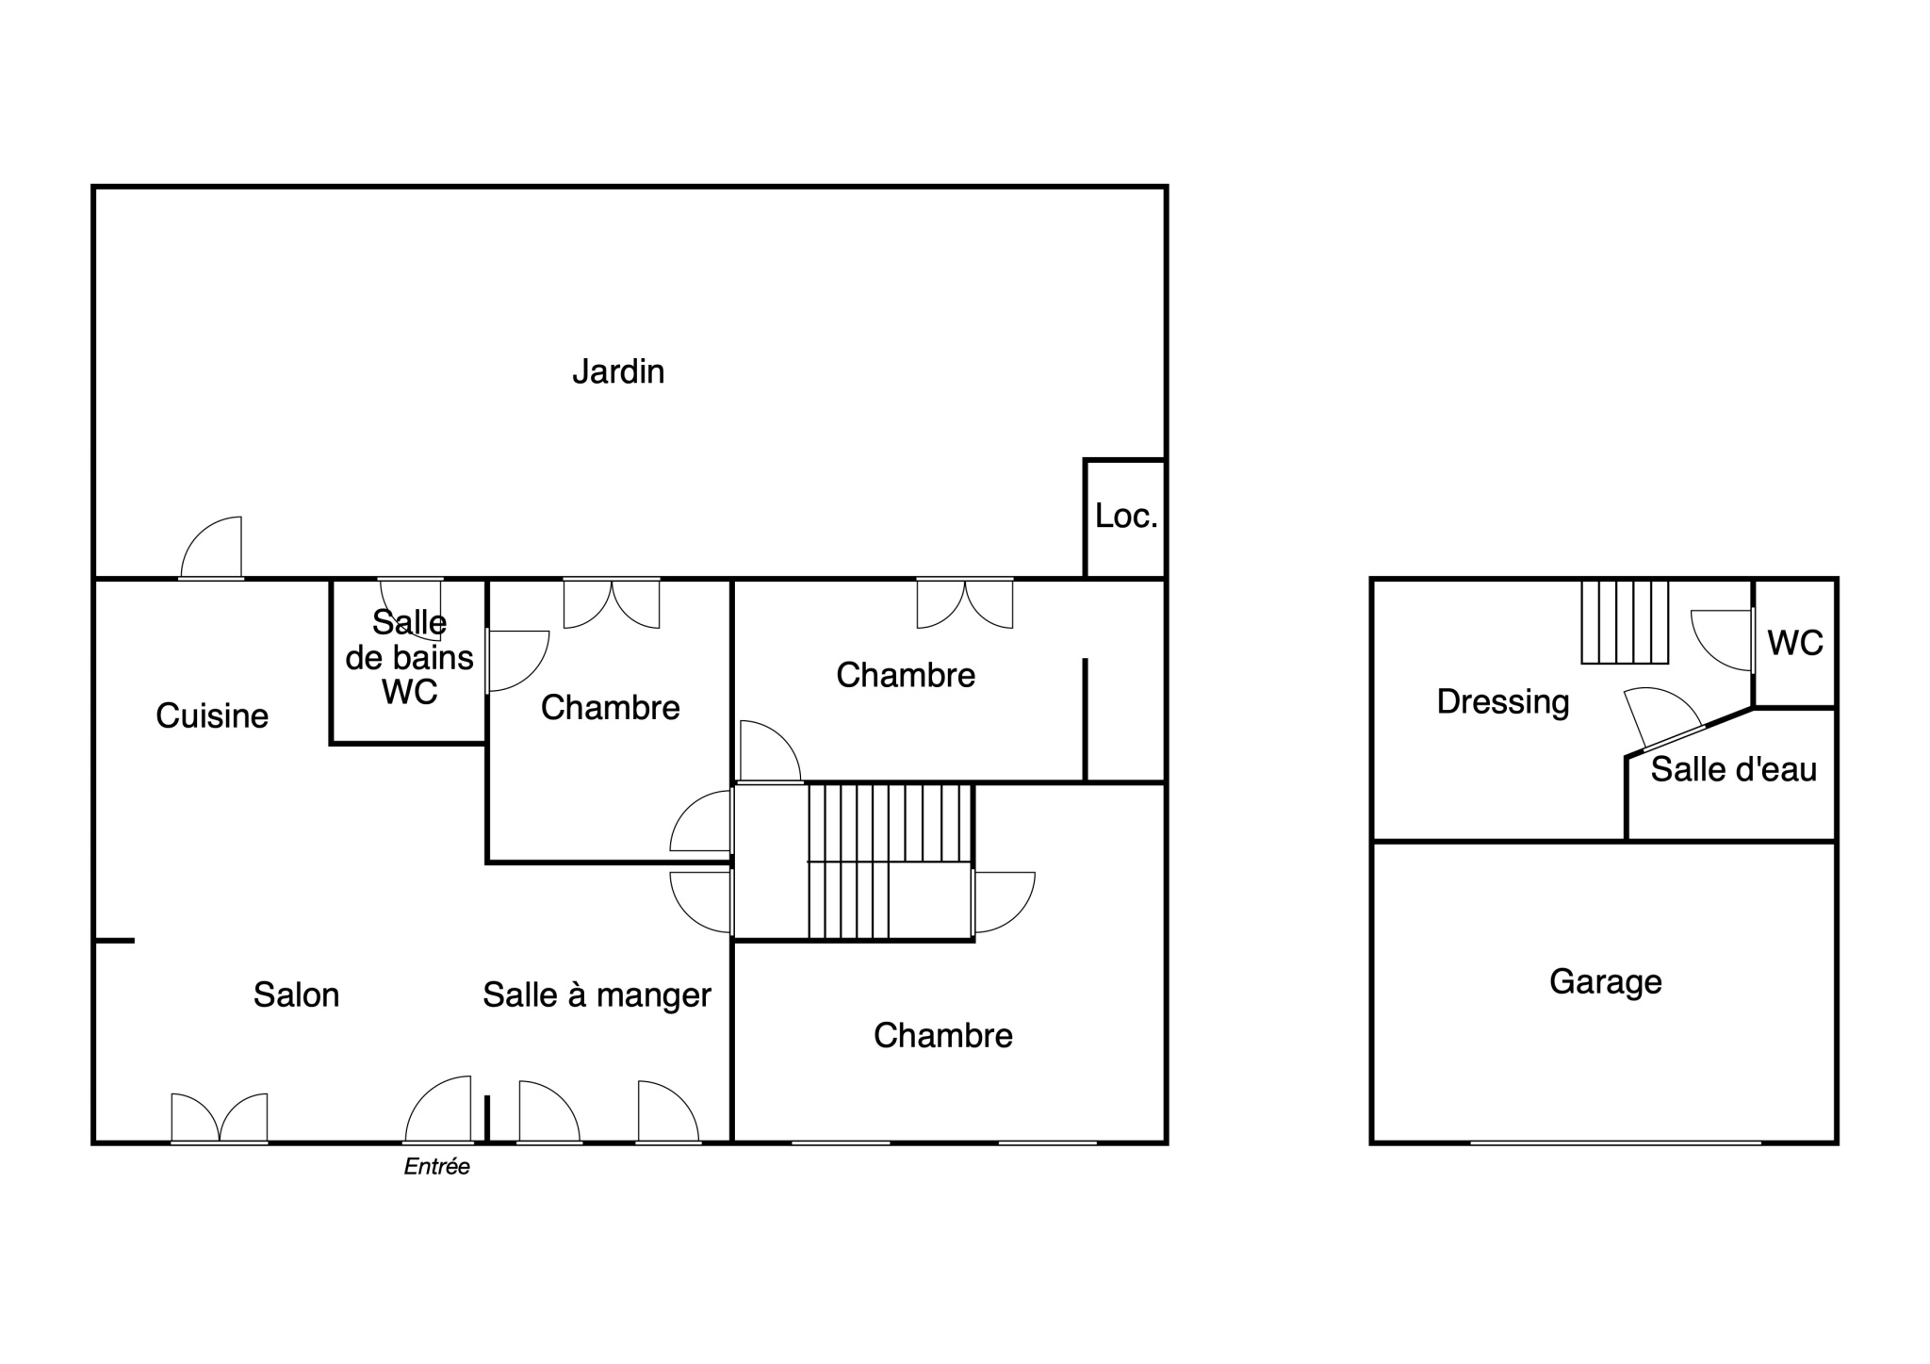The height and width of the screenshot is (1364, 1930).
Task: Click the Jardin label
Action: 618,371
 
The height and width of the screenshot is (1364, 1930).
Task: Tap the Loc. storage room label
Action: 1126,516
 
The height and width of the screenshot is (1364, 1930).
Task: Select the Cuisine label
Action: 212,715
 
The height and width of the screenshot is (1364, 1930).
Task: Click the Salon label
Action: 296,994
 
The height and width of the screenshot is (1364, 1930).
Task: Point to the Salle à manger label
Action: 597,995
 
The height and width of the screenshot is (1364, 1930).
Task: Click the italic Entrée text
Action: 436,1167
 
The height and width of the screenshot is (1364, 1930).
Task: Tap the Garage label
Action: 1605,982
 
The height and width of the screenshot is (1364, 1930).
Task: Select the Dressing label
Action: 1503,701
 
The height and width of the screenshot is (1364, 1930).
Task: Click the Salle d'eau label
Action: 1734,769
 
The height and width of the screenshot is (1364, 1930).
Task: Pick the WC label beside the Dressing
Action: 1795,643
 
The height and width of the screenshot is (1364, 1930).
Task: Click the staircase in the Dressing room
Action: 1625,622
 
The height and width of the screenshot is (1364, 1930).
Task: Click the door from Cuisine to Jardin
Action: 211,548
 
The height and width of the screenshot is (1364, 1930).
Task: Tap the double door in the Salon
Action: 220,1119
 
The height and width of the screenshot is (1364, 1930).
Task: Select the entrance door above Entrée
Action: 438,1109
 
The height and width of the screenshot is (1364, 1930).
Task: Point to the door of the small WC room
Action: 1723,641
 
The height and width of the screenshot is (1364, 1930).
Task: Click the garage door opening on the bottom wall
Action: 1615,1142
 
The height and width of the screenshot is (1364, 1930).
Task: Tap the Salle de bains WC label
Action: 410,657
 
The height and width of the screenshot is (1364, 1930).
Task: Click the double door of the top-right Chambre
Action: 965,603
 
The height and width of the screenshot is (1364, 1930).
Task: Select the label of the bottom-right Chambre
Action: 942,1035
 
